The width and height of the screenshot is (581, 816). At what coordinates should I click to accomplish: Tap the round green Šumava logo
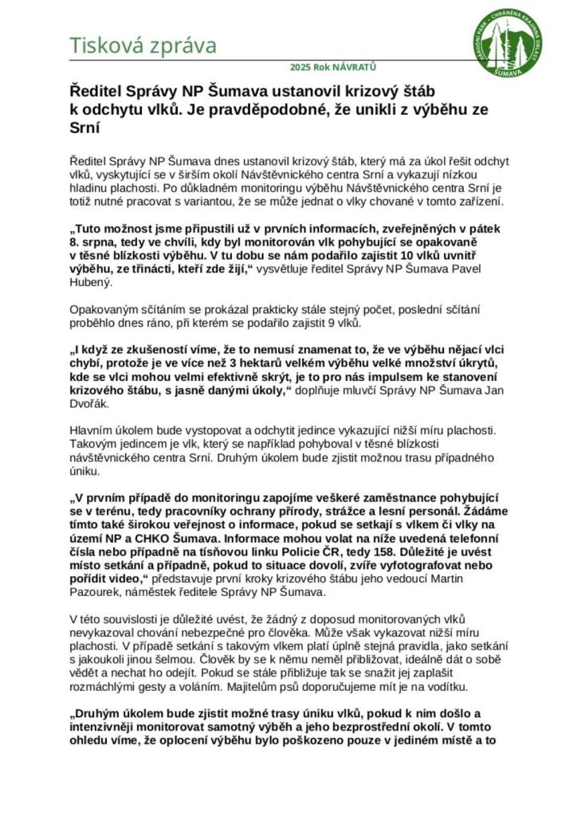[508, 45]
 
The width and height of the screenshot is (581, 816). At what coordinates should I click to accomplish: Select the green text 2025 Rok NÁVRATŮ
[333, 68]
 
